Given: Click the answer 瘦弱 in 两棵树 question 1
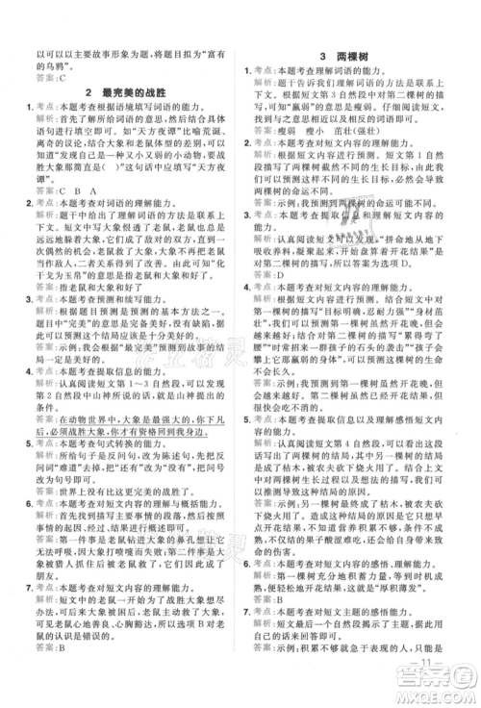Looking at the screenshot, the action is [290, 127].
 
